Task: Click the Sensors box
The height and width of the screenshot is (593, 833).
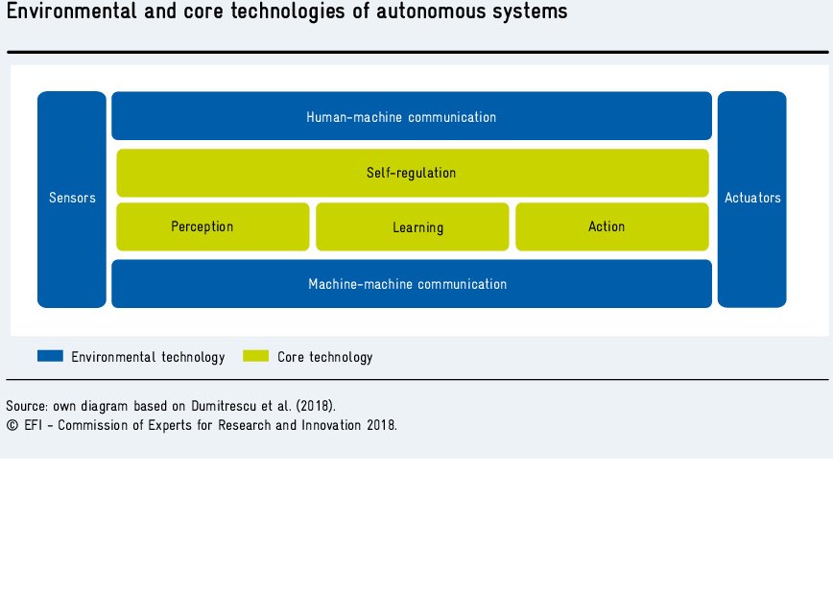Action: click(72, 200)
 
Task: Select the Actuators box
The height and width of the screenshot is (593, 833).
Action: click(751, 200)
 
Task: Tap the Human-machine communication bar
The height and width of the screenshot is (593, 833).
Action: click(412, 116)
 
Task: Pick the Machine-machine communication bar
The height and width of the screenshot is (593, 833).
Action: click(412, 284)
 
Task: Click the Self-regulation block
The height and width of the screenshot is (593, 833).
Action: click(413, 173)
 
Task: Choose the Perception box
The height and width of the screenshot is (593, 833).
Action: click(212, 226)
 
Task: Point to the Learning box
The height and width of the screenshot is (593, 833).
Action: click(413, 226)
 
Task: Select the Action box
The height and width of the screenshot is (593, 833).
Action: click(612, 226)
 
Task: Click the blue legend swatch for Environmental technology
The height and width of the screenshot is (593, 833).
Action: click(51, 355)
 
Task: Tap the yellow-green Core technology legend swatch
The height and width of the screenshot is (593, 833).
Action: click(255, 355)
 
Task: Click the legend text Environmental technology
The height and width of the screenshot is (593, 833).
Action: click(148, 357)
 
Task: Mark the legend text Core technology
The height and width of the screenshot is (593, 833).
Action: click(325, 357)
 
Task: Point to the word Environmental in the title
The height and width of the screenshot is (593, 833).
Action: click(71, 12)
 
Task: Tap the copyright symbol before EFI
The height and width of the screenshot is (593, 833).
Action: click(12, 425)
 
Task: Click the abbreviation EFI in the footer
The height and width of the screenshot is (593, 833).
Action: click(33, 425)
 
